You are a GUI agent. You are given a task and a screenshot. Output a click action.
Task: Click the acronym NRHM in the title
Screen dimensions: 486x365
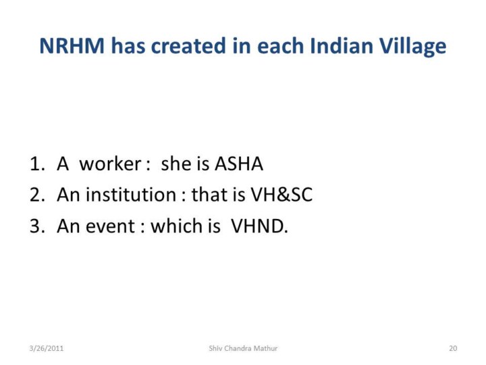[72, 46]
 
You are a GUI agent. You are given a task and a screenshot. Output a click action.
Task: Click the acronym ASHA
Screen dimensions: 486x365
[239, 164]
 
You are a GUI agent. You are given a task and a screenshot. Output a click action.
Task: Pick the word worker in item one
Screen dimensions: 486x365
[110, 164]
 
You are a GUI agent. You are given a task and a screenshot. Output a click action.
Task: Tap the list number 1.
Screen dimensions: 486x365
[37, 164]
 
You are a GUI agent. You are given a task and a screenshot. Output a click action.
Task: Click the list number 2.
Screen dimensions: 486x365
[37, 195]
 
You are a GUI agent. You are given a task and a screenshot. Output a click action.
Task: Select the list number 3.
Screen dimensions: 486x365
[37, 226]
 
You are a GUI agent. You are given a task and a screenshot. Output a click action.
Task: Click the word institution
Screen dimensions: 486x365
[131, 195]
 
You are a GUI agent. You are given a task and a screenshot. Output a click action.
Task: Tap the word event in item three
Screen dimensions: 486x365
[110, 226]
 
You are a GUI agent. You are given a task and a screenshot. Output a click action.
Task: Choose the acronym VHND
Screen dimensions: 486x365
[259, 226]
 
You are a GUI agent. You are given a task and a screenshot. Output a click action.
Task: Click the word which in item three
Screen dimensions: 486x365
[176, 225]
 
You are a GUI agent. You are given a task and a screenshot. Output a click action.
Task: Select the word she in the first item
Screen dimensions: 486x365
[175, 164]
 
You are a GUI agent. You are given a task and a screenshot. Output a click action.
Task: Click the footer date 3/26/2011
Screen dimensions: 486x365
[47, 348]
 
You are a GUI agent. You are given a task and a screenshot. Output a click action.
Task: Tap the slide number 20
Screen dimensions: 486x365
[453, 348]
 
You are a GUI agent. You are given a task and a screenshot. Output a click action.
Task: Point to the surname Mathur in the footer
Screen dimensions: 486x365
[266, 348]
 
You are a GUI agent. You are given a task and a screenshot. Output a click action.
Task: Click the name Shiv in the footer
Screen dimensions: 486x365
[215, 348]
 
